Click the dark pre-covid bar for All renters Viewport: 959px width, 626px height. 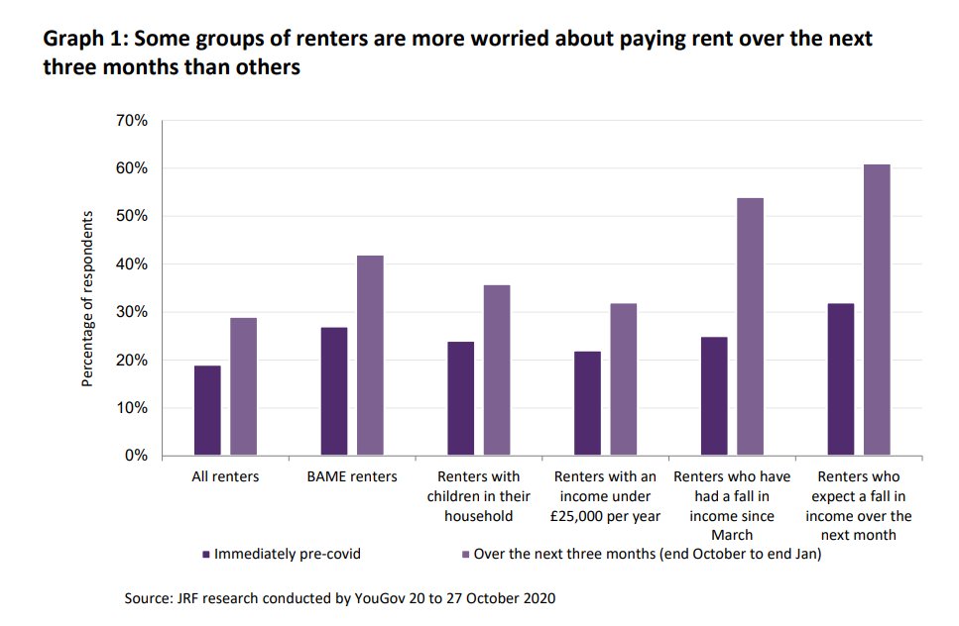pyautogui.click(x=207, y=411)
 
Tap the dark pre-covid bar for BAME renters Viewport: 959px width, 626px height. pyautogui.click(x=334, y=392)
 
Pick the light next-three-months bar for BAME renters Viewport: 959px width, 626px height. pyautogui.click(x=371, y=356)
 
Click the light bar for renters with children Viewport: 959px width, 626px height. pyautogui.click(x=497, y=370)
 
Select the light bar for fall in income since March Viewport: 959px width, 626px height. pyautogui.click(x=750, y=327)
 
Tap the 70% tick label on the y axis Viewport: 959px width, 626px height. pyautogui.click(x=132, y=121)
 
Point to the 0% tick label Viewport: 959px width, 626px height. pyautogui.click(x=136, y=457)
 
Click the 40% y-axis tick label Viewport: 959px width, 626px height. pyautogui.click(x=132, y=264)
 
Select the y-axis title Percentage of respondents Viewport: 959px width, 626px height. pyautogui.click(x=87, y=298)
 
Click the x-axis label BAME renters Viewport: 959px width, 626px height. pyautogui.click(x=352, y=477)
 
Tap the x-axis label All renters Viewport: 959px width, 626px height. pyautogui.click(x=225, y=477)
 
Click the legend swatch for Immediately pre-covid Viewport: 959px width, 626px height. pyautogui.click(x=205, y=555)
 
